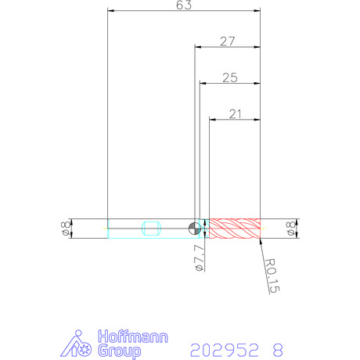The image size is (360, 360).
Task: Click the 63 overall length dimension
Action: pyautogui.click(x=184, y=5)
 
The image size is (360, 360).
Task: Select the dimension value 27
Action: pyautogui.click(x=228, y=41)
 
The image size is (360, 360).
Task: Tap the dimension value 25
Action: pyautogui.click(x=230, y=77)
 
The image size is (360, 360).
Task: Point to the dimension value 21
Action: pyautogui.click(x=235, y=114)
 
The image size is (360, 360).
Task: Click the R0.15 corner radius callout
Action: pyautogui.click(x=272, y=275)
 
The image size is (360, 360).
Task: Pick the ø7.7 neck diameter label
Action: pyautogui.click(x=200, y=258)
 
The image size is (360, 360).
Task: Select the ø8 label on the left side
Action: pyautogui.click(x=66, y=229)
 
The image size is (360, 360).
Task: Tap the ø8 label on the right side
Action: pyautogui.click(x=291, y=229)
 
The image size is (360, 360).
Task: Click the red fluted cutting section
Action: pyautogui.click(x=235, y=229)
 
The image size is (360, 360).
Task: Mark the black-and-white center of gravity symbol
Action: pyautogui.click(x=194, y=229)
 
